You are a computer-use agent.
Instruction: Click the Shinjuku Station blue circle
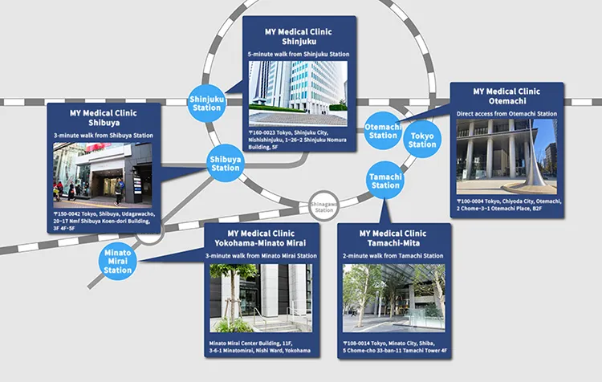click(x=206, y=104)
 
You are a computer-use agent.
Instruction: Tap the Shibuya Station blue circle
click(x=226, y=163)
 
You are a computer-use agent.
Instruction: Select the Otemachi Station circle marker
click(x=383, y=131)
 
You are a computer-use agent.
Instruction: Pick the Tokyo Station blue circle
click(x=422, y=140)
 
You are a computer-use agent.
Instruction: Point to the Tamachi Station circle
click(x=385, y=181)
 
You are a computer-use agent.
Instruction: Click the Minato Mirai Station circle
click(x=117, y=261)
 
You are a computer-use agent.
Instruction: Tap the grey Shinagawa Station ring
click(x=324, y=206)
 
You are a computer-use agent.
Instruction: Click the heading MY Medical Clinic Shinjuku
click(x=299, y=36)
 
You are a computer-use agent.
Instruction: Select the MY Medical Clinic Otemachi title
click(x=506, y=96)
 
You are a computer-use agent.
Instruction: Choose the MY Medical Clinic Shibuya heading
click(x=104, y=118)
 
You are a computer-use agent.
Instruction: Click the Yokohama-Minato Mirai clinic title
click(x=261, y=238)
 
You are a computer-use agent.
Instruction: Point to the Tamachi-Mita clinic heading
click(x=393, y=238)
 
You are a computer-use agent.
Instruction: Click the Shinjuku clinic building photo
click(x=298, y=93)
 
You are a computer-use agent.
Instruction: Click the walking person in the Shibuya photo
click(x=120, y=191)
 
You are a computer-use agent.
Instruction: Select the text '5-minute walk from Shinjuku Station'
click(x=299, y=54)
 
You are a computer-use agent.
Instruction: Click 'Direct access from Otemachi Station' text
click(x=506, y=114)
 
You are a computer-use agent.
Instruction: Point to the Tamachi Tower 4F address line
click(x=395, y=351)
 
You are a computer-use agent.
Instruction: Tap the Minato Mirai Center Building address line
click(x=250, y=343)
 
